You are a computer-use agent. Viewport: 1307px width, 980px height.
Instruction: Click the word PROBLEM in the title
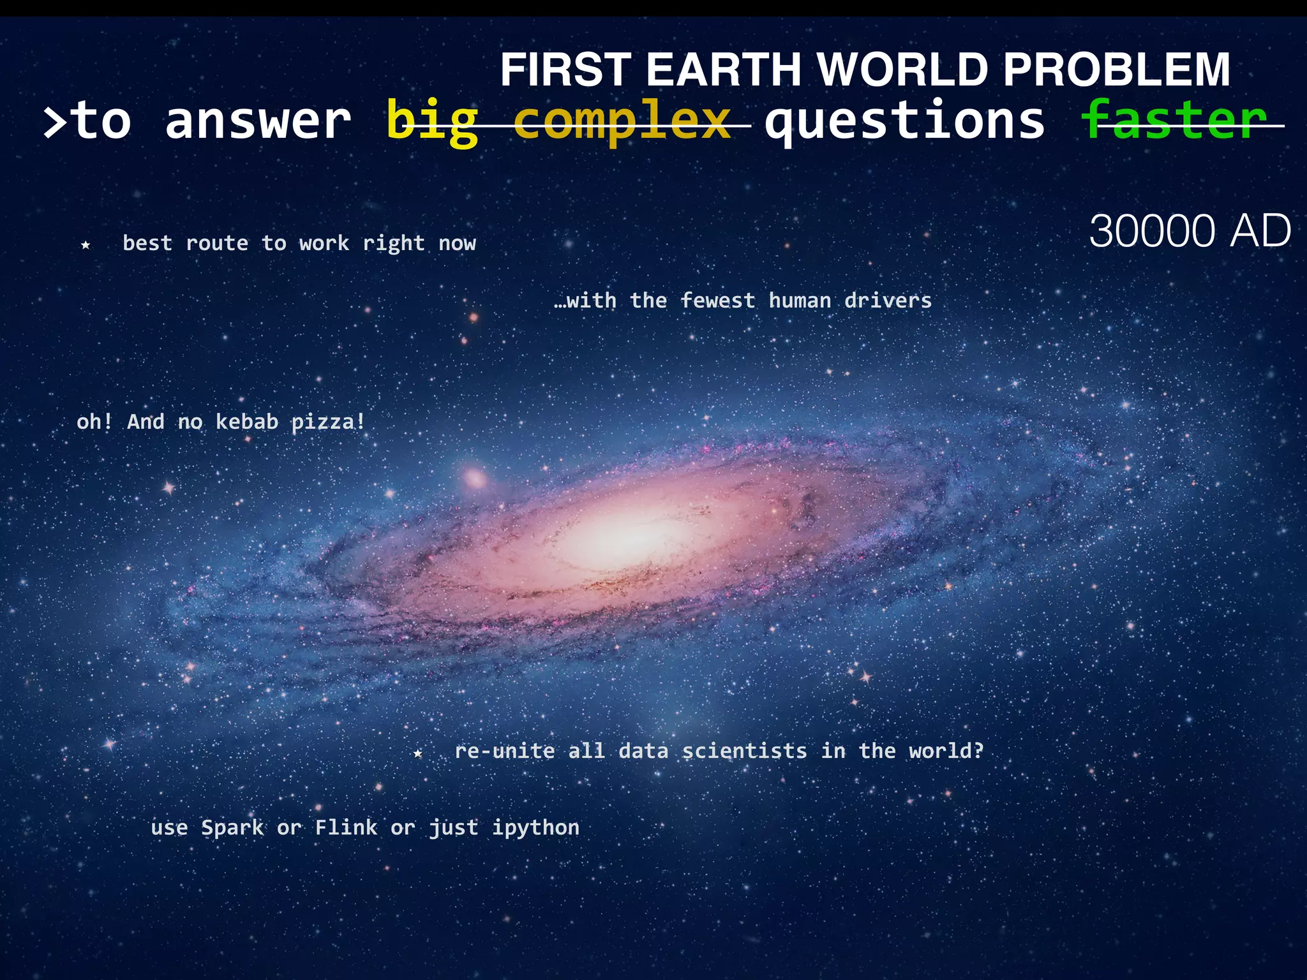1116,70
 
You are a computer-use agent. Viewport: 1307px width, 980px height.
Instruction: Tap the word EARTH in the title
723,70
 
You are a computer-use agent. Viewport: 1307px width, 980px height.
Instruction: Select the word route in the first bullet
217,243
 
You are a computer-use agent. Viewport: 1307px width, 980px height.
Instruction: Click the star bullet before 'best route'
86,245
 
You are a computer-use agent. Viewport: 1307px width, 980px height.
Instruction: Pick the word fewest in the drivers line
717,301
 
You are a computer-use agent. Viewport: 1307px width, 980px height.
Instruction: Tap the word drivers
888,301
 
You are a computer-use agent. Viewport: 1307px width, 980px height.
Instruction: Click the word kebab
247,422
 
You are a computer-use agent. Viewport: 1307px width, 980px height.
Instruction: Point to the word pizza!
328,422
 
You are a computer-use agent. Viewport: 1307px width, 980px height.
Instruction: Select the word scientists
744,751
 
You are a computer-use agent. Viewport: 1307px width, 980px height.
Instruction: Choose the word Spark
232,828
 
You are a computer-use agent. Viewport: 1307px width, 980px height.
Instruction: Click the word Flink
346,828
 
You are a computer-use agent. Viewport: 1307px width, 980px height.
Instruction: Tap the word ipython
535,828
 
